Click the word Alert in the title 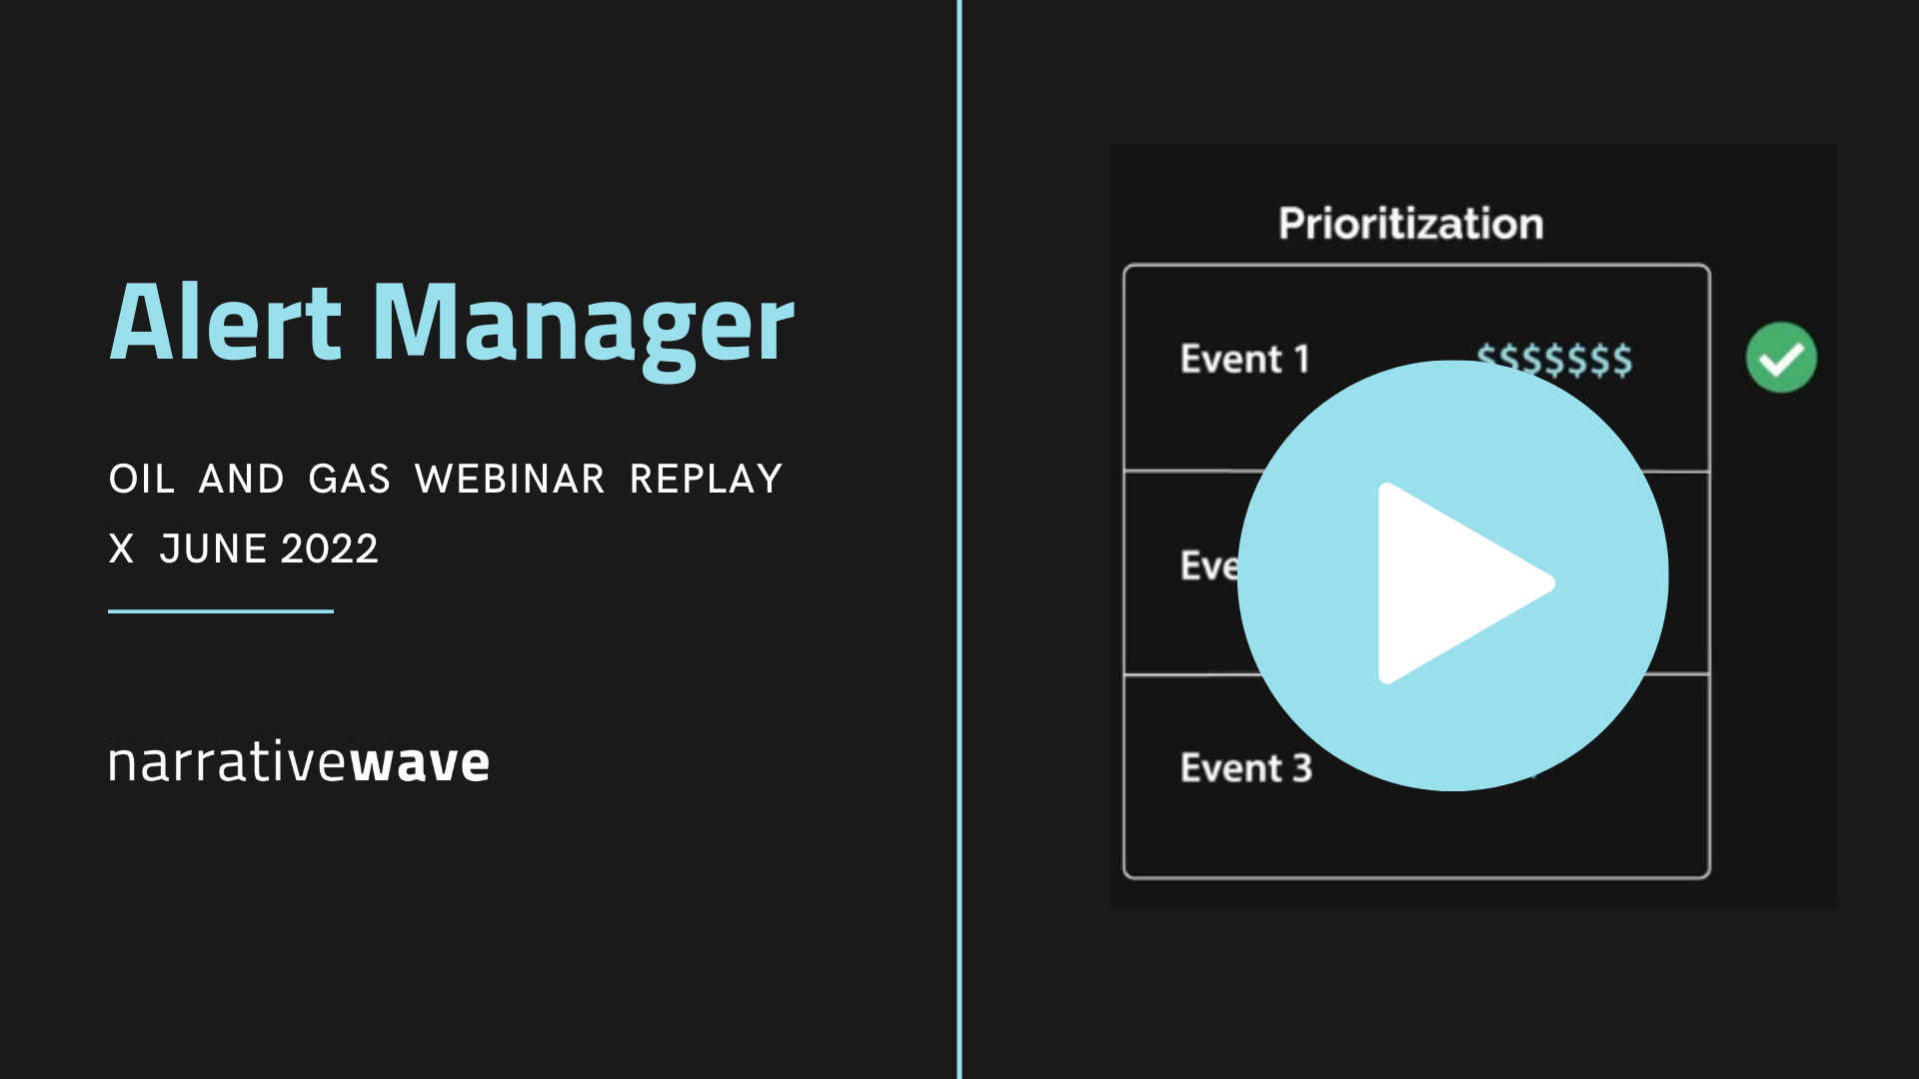click(226, 323)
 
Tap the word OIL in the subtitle click(142, 480)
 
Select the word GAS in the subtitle click(349, 480)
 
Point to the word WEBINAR click(510, 480)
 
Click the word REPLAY click(706, 480)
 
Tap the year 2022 click(330, 549)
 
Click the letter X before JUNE click(121, 549)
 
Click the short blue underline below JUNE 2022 click(221, 611)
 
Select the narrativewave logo click(299, 762)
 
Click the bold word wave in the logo click(420, 763)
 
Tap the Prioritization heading click(1410, 224)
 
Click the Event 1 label click(1244, 359)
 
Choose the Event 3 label click(1245, 768)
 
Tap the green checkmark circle click(1781, 358)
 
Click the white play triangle click(1454, 582)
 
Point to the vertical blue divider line click(959, 539)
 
